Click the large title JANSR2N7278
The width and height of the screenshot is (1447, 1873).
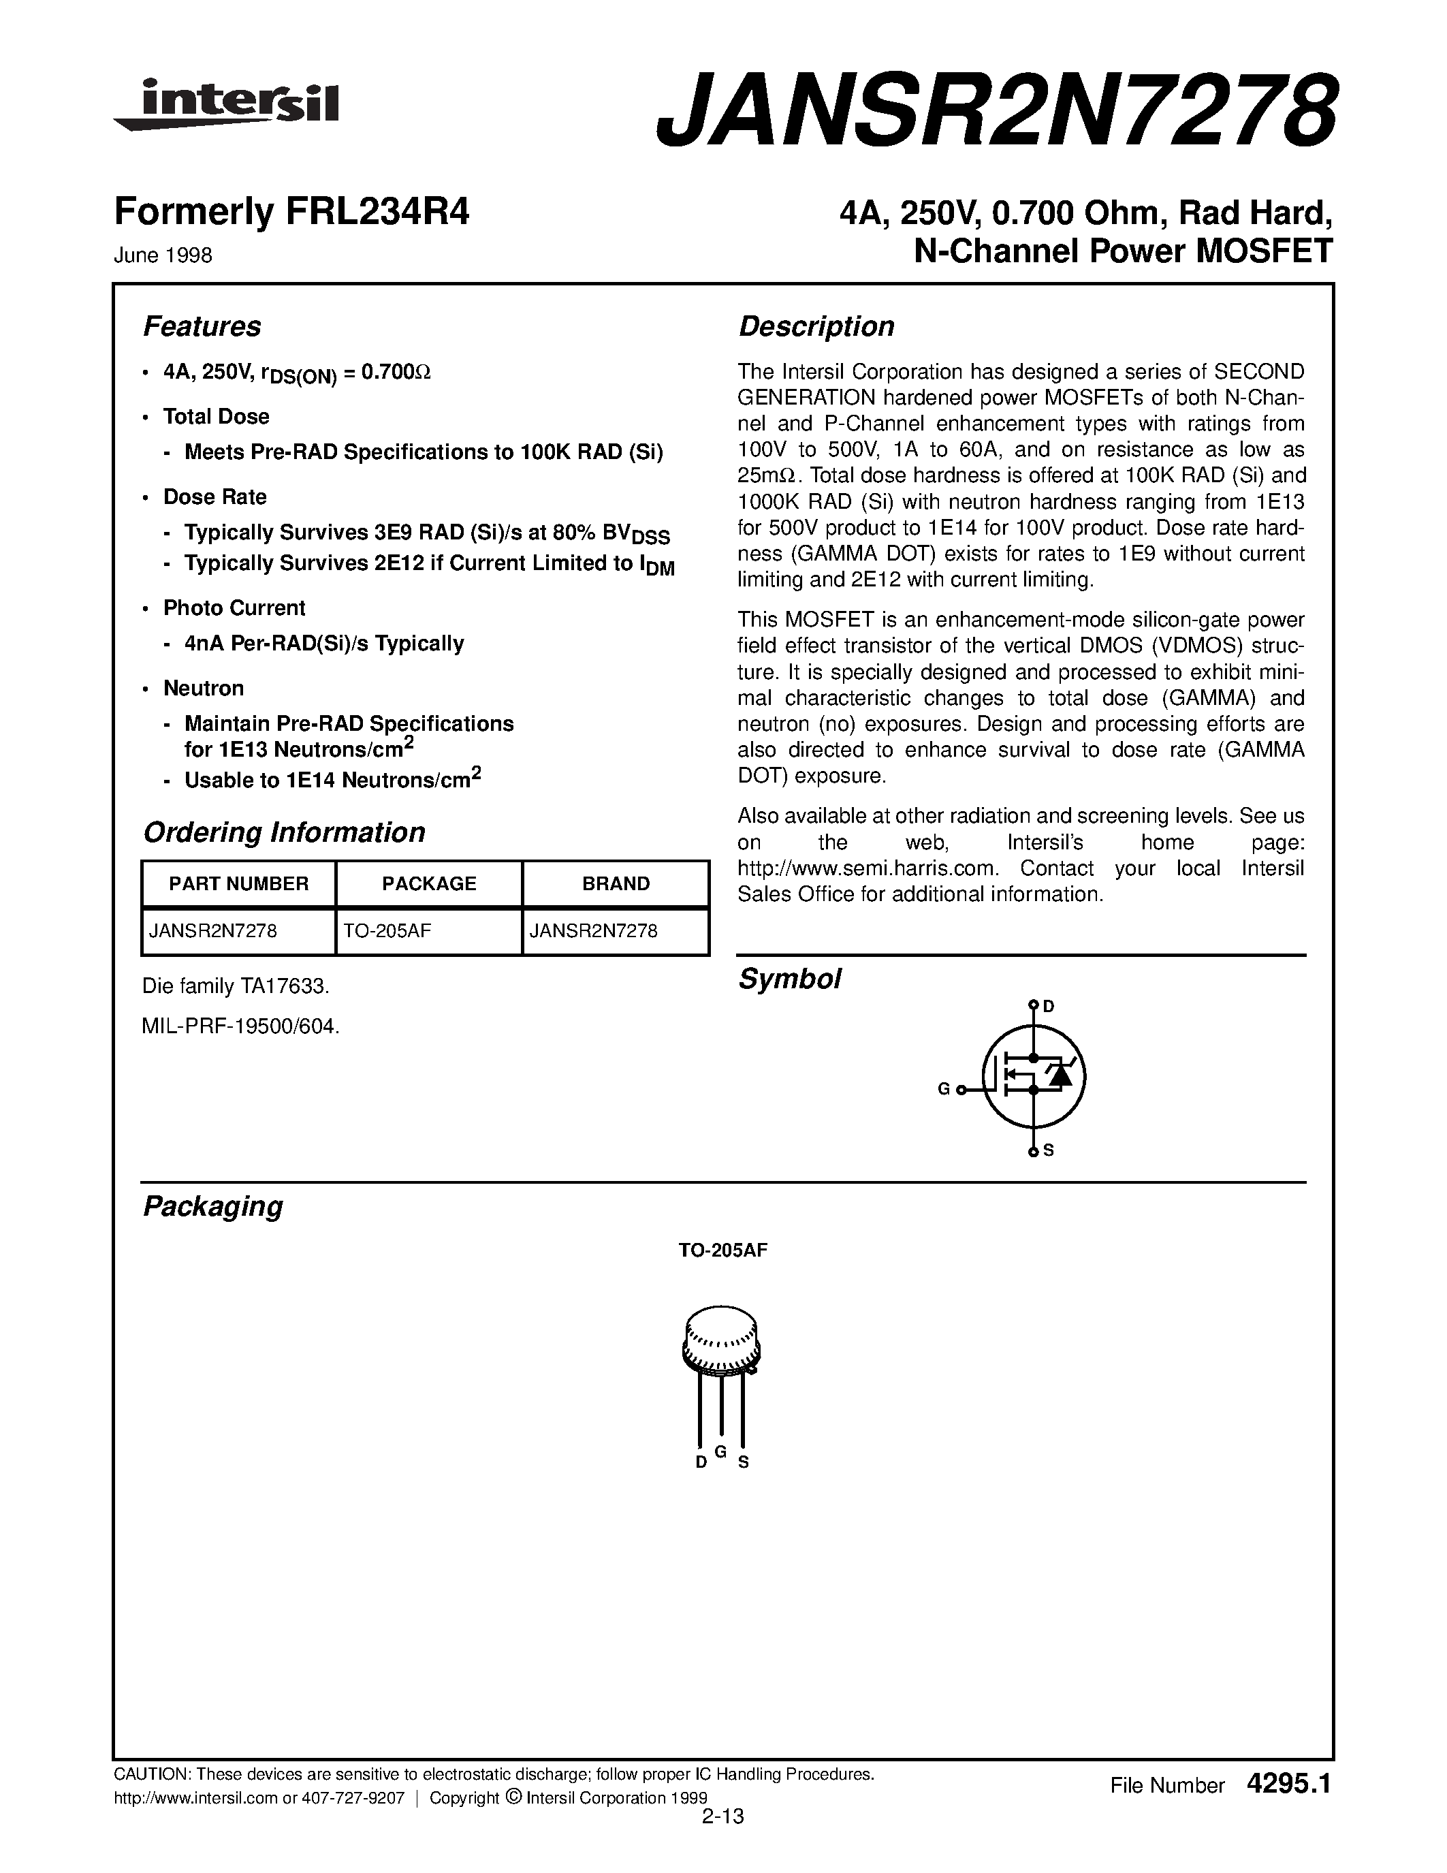click(x=994, y=110)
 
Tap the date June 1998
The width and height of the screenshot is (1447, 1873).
click(x=163, y=255)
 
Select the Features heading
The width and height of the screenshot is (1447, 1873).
click(x=202, y=327)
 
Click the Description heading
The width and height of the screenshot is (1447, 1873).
click(x=816, y=327)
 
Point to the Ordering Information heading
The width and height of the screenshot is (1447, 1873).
click(x=284, y=833)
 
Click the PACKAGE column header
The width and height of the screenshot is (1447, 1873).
click(x=428, y=883)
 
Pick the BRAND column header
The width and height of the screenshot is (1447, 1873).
click(x=616, y=883)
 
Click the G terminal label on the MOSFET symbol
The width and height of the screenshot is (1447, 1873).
click(x=943, y=1089)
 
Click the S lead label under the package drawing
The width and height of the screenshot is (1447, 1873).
click(x=743, y=1463)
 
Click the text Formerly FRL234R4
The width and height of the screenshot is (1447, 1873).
click(x=291, y=212)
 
